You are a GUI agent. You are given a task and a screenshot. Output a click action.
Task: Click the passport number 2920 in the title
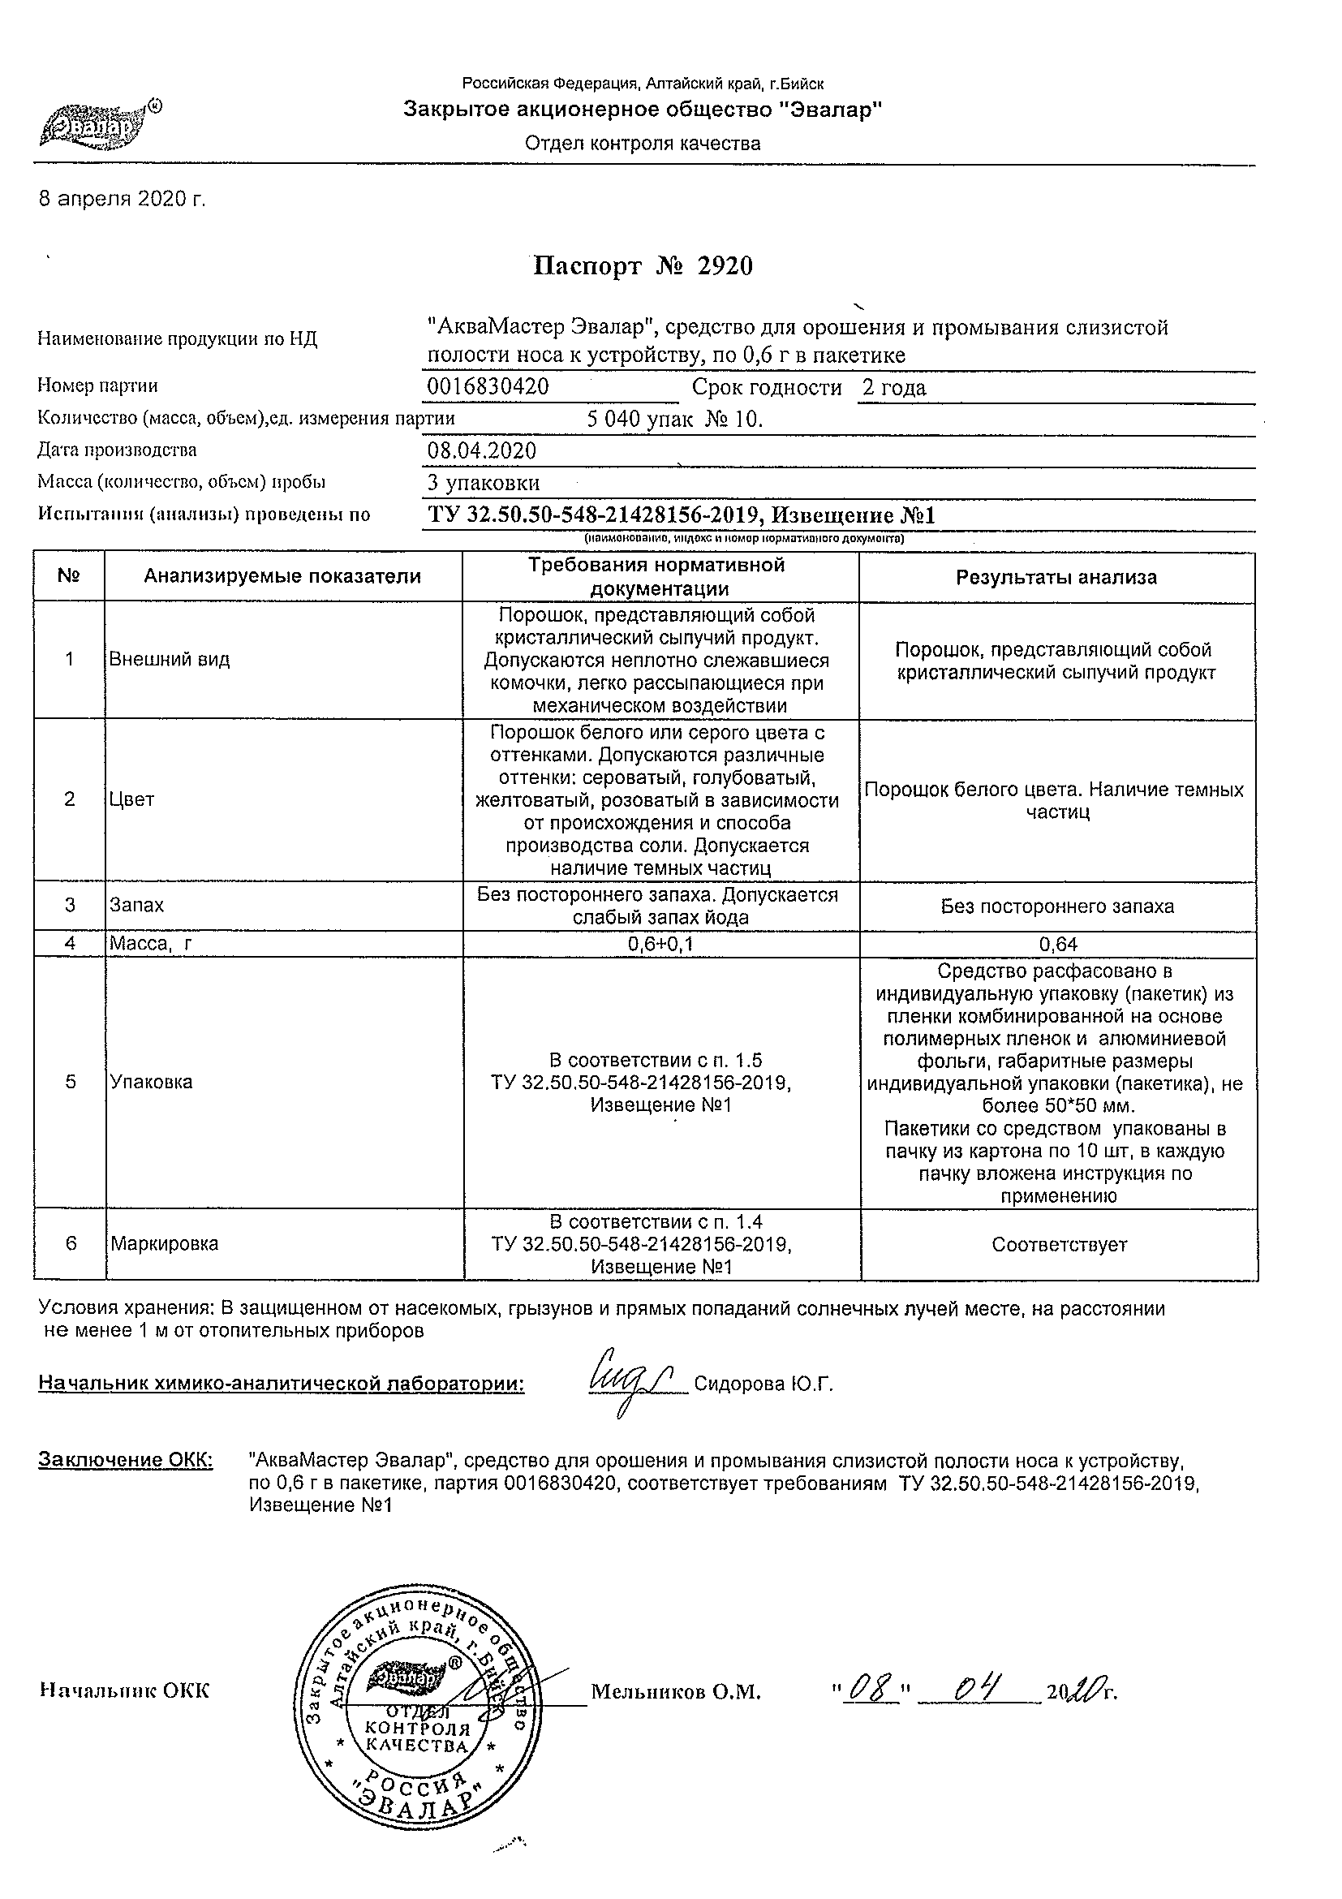725,266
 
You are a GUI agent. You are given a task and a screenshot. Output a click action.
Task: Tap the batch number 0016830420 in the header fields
488,386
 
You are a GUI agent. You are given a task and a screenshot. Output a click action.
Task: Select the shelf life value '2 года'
894,387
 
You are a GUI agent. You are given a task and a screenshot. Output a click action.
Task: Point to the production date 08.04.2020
481,450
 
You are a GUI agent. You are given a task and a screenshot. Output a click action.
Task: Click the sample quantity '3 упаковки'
484,483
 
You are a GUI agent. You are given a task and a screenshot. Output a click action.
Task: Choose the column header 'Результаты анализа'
1056,577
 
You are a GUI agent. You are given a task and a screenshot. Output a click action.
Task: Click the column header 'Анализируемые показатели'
282,576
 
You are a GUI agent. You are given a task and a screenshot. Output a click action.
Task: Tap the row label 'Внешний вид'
170,660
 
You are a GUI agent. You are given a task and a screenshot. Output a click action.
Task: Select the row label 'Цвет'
132,799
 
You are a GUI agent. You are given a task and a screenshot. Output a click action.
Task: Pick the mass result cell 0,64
1057,944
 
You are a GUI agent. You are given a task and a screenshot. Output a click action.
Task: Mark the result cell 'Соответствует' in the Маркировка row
1058,1245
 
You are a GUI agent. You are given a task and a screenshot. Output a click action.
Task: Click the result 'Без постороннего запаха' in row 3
1056,906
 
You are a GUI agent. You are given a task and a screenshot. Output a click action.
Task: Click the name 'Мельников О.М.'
676,1692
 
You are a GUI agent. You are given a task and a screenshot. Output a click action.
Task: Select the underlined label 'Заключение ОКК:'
125,1461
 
